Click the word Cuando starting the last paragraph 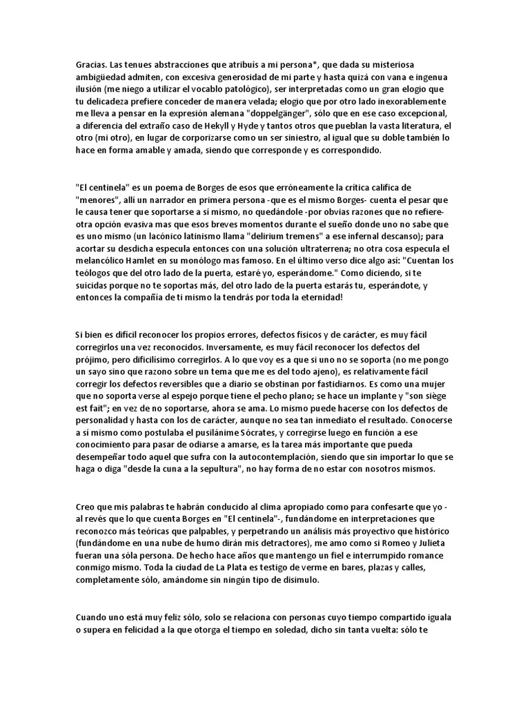pyautogui.click(x=93, y=619)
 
